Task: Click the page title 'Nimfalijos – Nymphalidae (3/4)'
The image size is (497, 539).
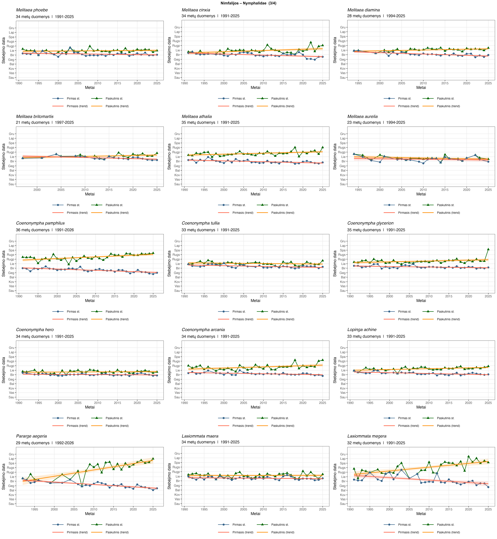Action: pos(248,3)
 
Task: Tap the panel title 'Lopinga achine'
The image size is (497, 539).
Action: pos(362,329)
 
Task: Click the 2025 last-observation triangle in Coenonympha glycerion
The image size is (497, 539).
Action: pos(488,249)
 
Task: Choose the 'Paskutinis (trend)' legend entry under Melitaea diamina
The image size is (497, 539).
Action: pos(448,106)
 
